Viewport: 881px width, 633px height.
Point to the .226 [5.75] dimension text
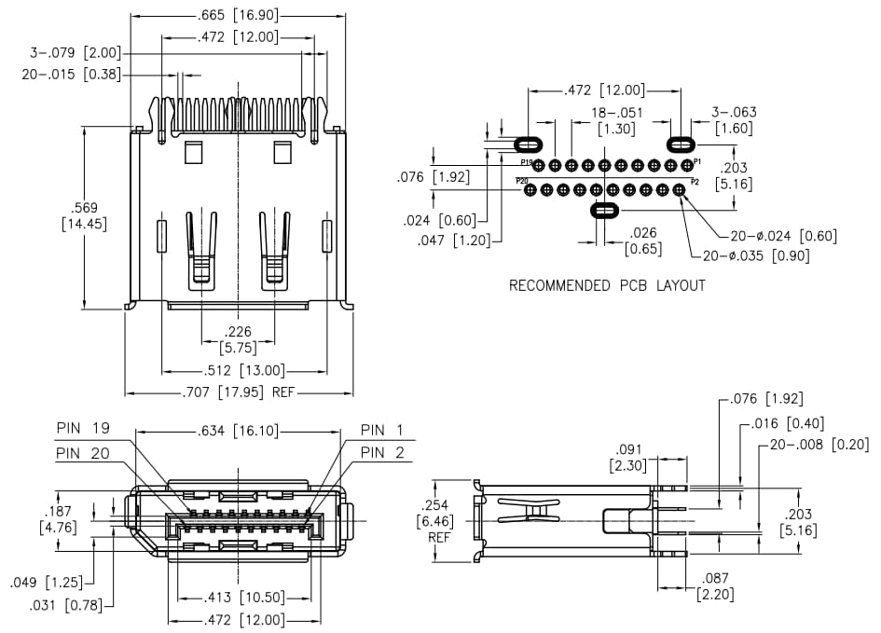pos(238,339)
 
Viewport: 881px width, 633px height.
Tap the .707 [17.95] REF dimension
pos(237,392)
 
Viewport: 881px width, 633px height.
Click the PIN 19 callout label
pos(83,430)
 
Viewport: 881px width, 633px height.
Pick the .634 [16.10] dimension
pos(237,431)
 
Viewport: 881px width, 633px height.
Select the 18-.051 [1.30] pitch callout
pos(614,120)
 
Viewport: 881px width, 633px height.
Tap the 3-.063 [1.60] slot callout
pos(734,120)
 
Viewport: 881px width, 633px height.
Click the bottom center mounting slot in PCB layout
pos(605,211)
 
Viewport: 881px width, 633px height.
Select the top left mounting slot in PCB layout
pos(529,144)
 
